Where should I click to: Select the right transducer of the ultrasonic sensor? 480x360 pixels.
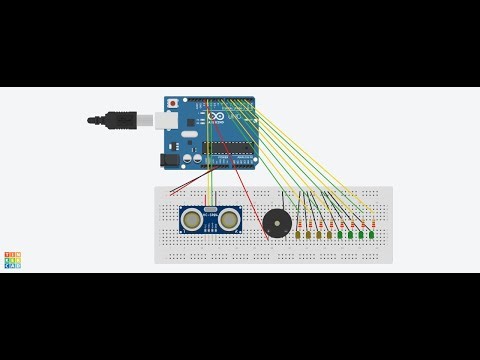click(x=231, y=216)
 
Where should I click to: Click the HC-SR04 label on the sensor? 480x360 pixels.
click(x=211, y=211)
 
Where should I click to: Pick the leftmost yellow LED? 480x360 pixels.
click(x=298, y=236)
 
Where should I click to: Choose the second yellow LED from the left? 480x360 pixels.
click(x=307, y=236)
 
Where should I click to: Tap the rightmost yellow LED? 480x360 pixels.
click(x=328, y=236)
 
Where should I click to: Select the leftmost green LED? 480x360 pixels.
click(x=339, y=236)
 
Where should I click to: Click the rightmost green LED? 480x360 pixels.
click(x=370, y=236)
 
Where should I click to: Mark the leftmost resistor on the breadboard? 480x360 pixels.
click(x=299, y=222)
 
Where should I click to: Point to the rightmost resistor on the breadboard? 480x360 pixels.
click(x=372, y=222)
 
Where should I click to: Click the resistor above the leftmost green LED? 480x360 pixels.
click(x=340, y=222)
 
